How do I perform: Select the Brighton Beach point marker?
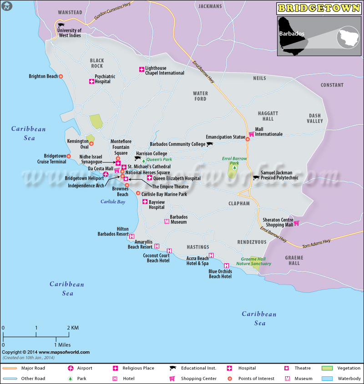(61, 76)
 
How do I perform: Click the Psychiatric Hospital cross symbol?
(91, 82)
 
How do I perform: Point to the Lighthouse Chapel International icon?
(142, 69)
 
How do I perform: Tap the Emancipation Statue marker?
(248, 139)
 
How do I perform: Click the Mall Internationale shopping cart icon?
(251, 134)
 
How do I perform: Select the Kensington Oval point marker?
(91, 144)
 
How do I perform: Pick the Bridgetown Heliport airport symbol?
(106, 175)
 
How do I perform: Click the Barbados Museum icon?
(166, 222)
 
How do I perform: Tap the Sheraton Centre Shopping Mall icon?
(296, 223)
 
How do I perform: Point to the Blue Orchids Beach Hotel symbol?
(226, 266)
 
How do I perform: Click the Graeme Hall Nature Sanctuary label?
(256, 261)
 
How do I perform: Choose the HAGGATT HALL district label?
(265, 116)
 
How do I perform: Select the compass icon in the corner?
(6, 6)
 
